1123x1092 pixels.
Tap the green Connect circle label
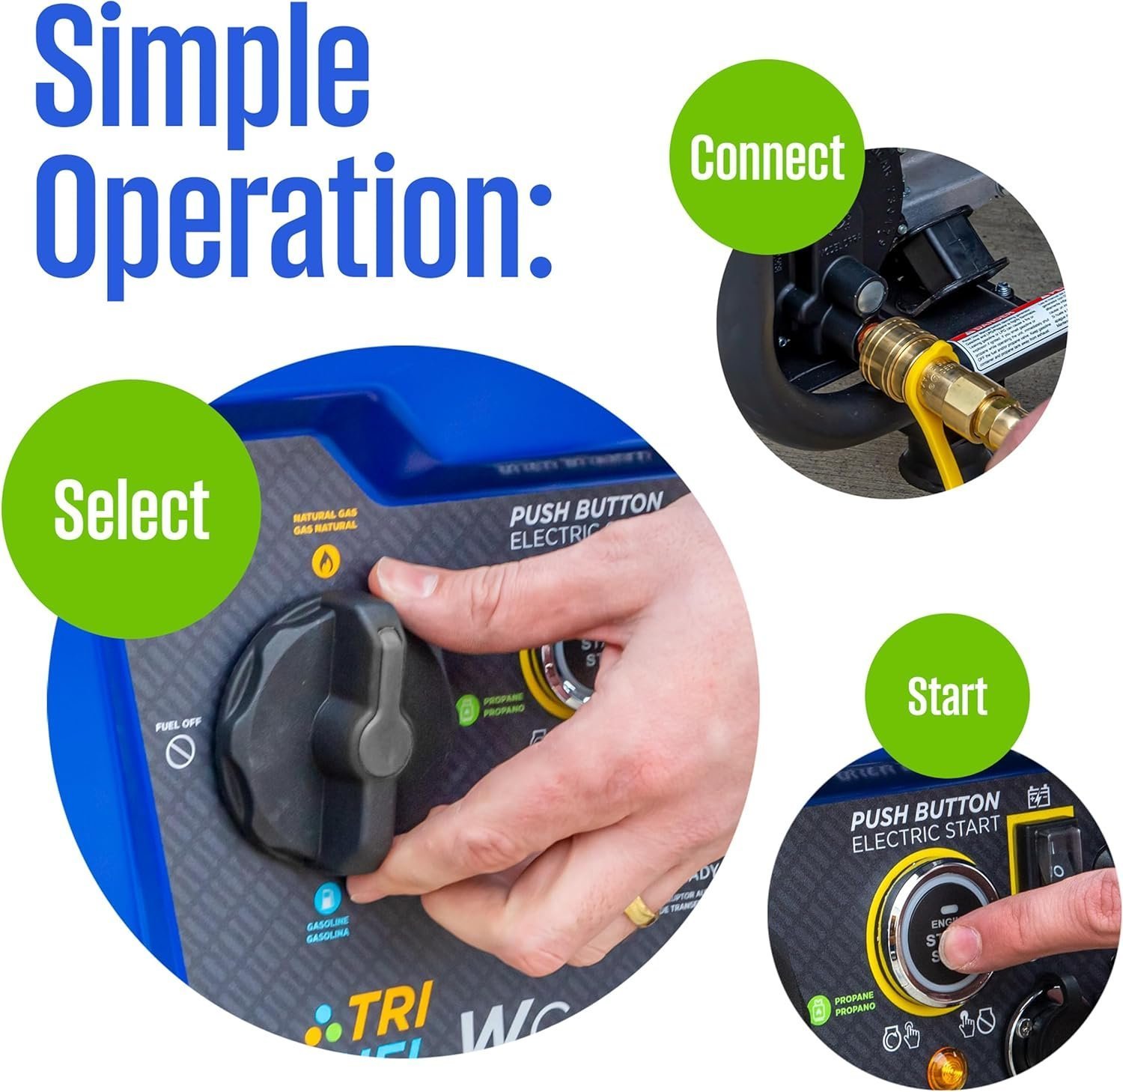(767, 157)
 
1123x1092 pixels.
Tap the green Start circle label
(947, 697)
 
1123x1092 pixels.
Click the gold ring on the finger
(641, 911)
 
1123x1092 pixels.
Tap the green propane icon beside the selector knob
(467, 709)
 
